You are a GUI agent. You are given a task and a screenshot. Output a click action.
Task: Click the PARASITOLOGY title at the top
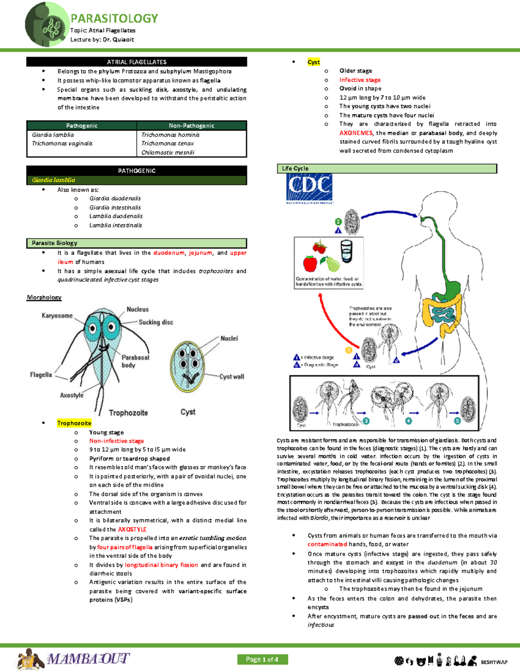click(x=114, y=18)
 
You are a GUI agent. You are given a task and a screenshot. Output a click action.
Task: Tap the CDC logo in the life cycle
click(x=309, y=187)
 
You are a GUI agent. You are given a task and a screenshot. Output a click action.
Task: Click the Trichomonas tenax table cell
click(x=168, y=144)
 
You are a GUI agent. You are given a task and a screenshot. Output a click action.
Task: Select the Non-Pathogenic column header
click(x=192, y=125)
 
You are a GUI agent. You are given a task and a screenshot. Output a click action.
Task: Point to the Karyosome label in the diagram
click(x=57, y=316)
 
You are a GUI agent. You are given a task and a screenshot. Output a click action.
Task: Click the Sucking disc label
click(x=156, y=322)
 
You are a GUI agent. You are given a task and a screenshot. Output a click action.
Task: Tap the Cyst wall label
click(x=232, y=377)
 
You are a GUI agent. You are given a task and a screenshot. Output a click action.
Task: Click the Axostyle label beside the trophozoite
click(x=72, y=395)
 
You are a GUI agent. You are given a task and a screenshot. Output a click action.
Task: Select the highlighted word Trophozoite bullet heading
click(x=74, y=423)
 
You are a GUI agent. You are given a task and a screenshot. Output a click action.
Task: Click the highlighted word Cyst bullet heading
click(x=314, y=62)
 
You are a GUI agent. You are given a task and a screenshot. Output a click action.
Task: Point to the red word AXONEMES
click(x=356, y=133)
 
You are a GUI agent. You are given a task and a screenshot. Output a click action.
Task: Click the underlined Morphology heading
click(x=44, y=297)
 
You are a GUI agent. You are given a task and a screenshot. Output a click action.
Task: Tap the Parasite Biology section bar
click(x=136, y=243)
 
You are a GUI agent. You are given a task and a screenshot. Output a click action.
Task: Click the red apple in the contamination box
click(x=310, y=263)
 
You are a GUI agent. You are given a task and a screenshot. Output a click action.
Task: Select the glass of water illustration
click(x=347, y=251)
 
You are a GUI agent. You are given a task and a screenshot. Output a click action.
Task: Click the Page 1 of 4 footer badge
click(x=262, y=659)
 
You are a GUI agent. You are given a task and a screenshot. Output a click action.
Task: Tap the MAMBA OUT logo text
click(x=89, y=659)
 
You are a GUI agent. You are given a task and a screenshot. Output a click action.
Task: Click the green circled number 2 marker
click(x=338, y=222)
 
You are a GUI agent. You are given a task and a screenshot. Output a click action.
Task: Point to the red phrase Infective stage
click(x=360, y=80)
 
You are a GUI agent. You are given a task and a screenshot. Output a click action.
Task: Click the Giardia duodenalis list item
click(x=115, y=199)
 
